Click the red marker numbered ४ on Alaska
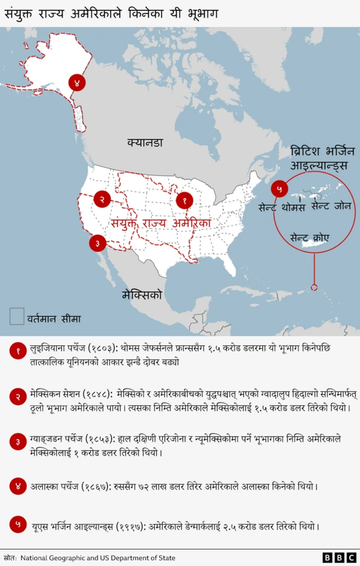click(x=77, y=83)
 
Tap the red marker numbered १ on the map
click(x=184, y=200)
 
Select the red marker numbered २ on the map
click(x=102, y=199)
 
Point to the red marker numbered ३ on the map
click(x=97, y=242)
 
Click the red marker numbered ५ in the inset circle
click(x=279, y=189)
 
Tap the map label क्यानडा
click(x=145, y=143)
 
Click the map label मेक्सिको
click(x=142, y=294)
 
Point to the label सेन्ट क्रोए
click(x=309, y=237)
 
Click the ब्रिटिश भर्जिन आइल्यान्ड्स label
click(x=322, y=159)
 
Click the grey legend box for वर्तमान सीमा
click(x=17, y=316)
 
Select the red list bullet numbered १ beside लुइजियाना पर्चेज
click(x=17, y=351)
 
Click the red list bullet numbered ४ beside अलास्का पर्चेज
click(x=17, y=486)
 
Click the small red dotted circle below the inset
click(x=314, y=288)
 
